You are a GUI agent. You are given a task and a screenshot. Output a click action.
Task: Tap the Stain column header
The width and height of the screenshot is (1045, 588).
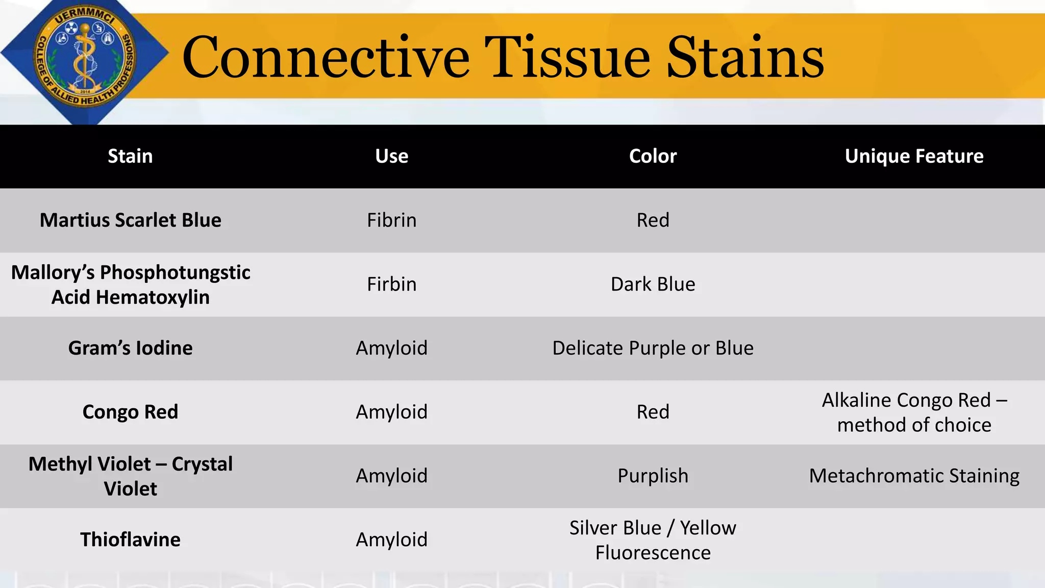click(x=130, y=156)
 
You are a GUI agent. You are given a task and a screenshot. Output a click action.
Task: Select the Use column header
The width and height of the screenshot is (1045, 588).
click(x=391, y=156)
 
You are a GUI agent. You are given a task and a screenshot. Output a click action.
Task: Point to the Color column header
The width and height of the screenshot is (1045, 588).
click(x=653, y=156)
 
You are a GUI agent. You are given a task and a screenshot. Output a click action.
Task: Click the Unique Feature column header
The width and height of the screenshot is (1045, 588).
click(x=914, y=156)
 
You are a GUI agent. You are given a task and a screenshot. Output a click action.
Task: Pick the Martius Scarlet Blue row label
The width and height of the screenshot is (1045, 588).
click(x=131, y=220)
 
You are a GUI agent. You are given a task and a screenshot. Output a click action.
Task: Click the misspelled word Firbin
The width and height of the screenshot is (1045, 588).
click(x=391, y=284)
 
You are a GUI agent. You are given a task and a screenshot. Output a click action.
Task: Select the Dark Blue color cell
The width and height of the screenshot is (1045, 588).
click(x=653, y=284)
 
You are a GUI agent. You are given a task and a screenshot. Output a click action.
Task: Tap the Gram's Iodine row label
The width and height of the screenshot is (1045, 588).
click(x=131, y=348)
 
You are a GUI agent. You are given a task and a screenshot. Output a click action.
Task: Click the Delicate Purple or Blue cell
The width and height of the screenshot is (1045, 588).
click(x=653, y=348)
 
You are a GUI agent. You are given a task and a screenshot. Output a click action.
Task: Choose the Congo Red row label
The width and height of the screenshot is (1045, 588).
click(x=131, y=412)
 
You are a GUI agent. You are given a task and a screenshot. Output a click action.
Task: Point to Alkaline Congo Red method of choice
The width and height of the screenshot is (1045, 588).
click(x=914, y=412)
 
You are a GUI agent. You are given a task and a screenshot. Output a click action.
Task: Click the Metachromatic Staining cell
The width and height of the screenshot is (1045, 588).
click(x=914, y=476)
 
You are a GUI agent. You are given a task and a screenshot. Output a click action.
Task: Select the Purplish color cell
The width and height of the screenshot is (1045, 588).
click(x=653, y=476)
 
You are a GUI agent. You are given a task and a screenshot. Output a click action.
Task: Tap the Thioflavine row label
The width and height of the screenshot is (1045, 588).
click(x=131, y=540)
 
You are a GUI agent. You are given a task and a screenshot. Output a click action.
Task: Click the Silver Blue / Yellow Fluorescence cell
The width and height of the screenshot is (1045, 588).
click(x=653, y=540)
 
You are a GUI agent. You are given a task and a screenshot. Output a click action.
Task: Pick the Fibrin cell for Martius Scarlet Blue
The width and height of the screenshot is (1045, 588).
click(x=391, y=220)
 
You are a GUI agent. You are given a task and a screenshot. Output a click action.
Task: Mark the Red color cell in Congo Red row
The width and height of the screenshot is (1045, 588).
click(x=653, y=412)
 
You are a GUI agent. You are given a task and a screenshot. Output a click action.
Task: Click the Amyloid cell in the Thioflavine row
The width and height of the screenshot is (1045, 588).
click(x=391, y=540)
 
